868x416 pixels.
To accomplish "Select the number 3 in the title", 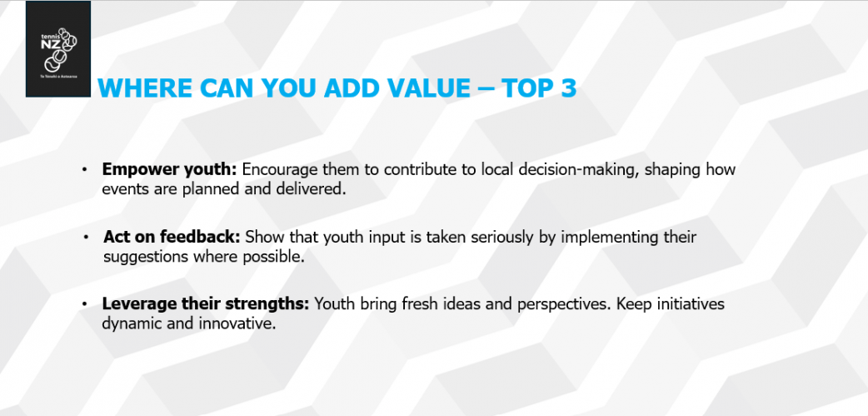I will tap(568, 88).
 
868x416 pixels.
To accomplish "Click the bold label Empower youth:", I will tap(169, 169).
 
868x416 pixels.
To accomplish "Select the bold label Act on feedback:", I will tap(172, 237).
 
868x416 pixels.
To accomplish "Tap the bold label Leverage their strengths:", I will tap(206, 303).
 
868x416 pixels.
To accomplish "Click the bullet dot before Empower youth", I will tap(84, 169).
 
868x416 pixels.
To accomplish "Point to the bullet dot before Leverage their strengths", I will tap(84, 303).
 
